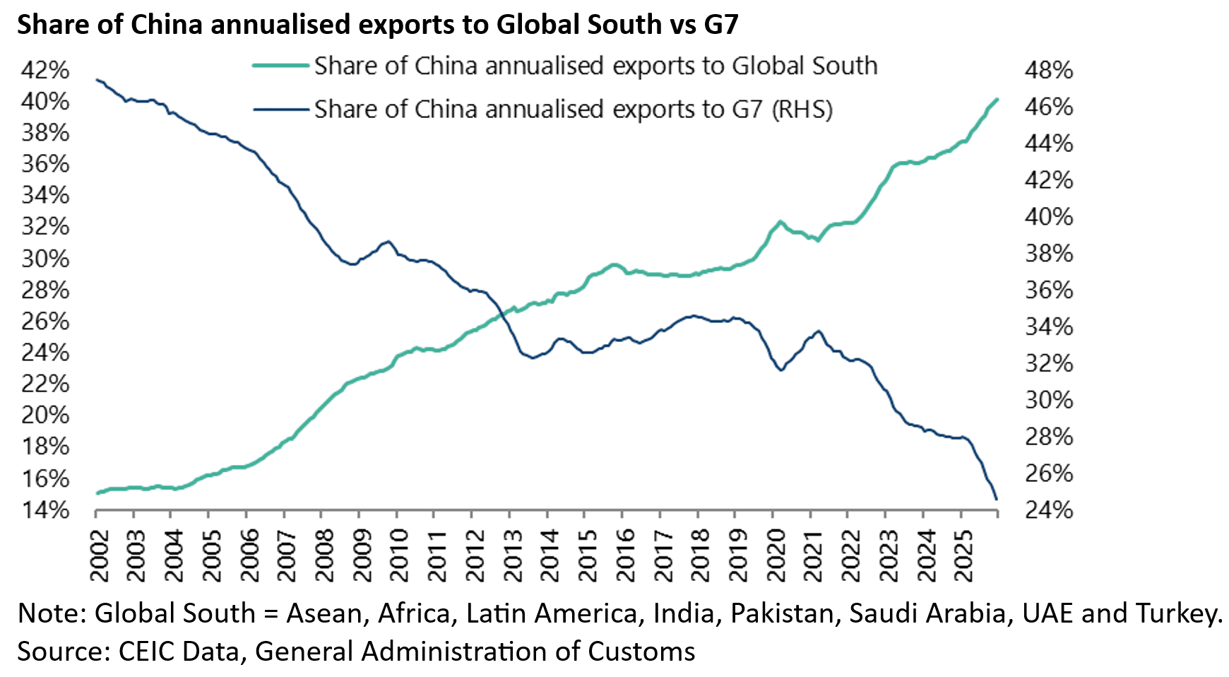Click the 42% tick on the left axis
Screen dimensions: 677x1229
[x=45, y=71]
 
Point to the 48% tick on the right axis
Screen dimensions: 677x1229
[x=1049, y=71]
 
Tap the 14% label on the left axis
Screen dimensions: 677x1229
[x=45, y=510]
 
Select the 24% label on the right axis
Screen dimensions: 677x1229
[x=1049, y=510]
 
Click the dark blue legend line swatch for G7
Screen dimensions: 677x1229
[x=280, y=110]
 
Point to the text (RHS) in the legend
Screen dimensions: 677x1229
[x=802, y=110]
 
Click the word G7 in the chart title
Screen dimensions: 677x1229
[x=720, y=25]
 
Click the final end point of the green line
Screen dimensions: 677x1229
[x=997, y=100]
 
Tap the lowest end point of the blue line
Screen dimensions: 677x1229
[x=997, y=499]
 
